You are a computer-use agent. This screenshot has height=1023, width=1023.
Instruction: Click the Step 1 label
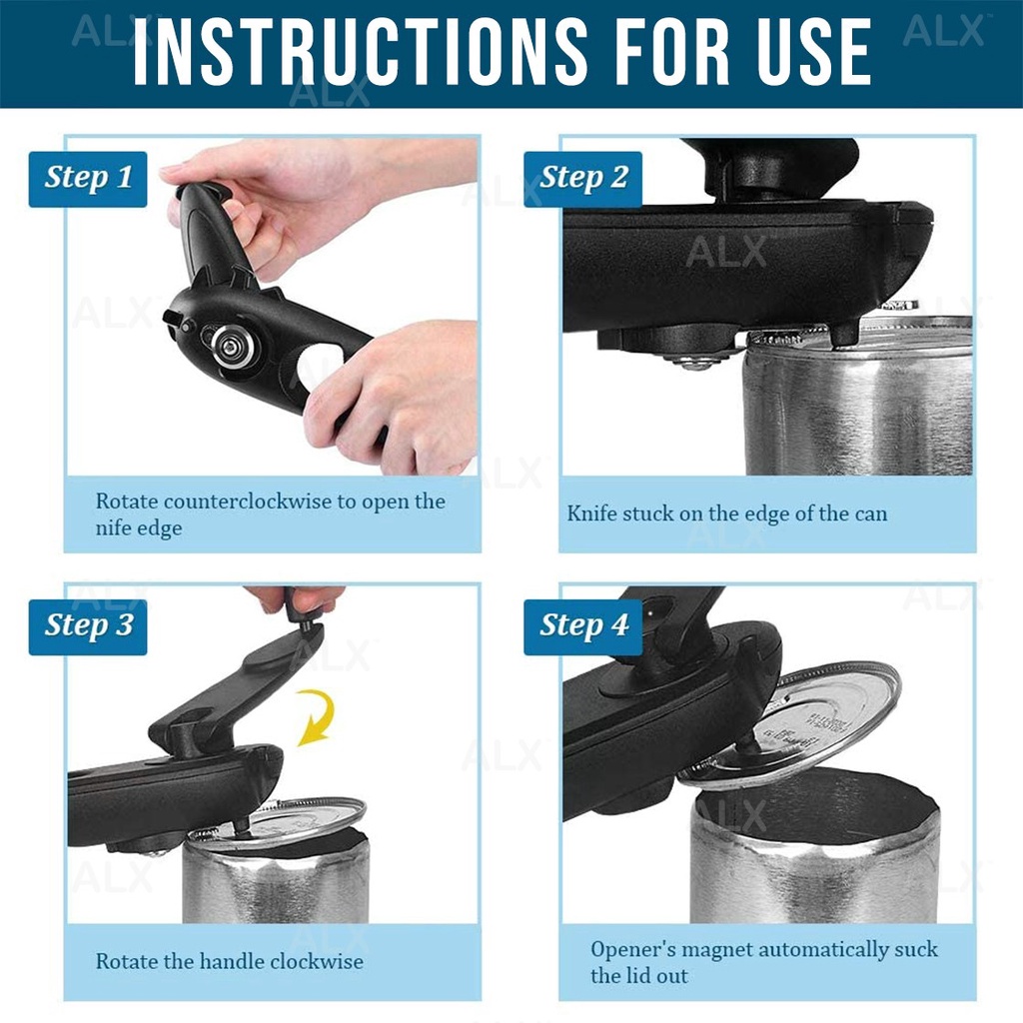click(x=88, y=179)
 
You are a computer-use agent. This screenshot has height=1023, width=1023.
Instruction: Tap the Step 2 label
click(x=583, y=179)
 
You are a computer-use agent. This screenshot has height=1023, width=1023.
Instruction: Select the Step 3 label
click(x=88, y=627)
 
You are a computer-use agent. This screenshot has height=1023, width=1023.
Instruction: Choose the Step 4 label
click(x=583, y=627)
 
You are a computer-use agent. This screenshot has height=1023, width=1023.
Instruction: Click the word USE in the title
click(x=813, y=51)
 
